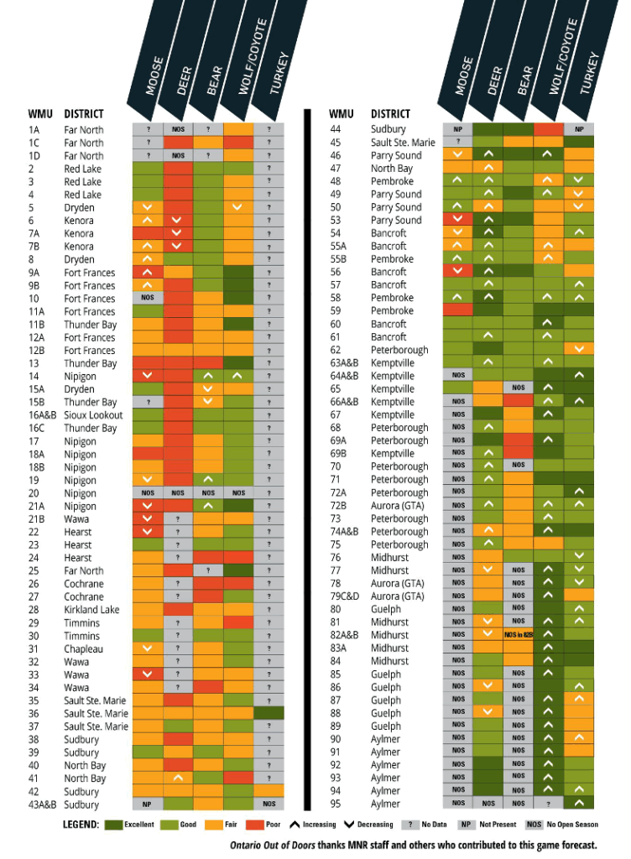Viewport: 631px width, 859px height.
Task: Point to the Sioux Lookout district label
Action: (93, 415)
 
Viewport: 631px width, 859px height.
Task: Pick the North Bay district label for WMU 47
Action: (392, 169)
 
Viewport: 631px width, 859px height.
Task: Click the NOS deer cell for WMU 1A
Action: (178, 129)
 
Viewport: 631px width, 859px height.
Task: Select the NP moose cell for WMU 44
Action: (458, 129)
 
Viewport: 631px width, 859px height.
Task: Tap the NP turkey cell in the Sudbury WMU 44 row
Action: (579, 129)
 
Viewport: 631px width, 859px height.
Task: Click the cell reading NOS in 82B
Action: (519, 635)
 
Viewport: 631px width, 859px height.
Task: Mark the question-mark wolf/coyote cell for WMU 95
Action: (548, 804)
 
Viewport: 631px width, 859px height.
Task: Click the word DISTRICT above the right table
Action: (391, 114)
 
